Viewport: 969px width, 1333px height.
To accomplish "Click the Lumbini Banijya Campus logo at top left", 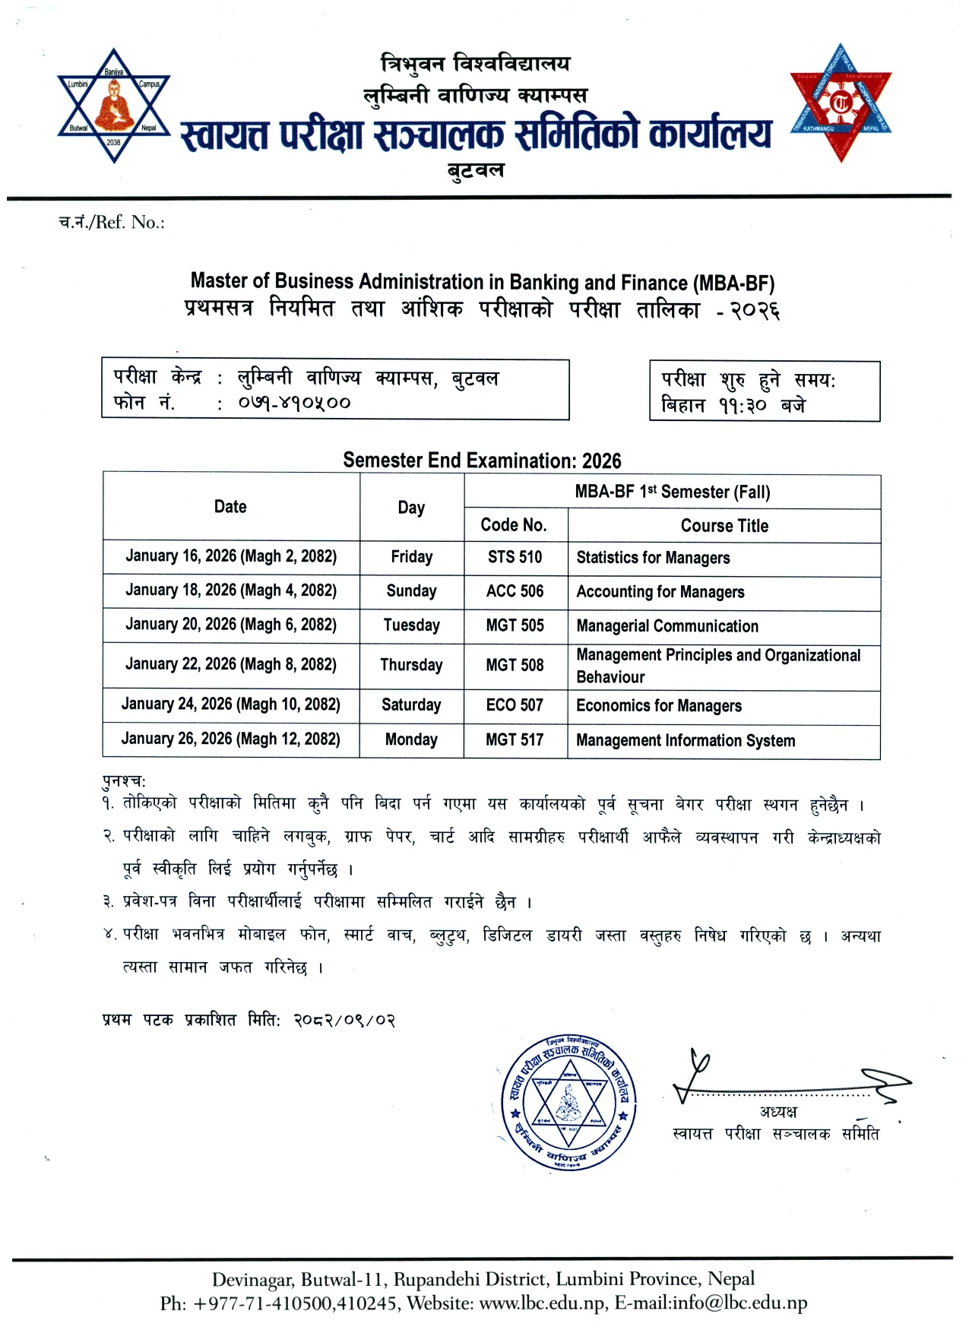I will tap(114, 106).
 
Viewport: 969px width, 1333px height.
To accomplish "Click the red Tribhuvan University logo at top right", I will tap(840, 103).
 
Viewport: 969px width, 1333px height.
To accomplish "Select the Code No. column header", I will tap(514, 525).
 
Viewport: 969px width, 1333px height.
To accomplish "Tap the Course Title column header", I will tap(724, 526).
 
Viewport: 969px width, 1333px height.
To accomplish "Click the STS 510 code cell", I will tap(515, 557).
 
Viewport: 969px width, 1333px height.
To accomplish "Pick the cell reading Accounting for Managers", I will tap(660, 592).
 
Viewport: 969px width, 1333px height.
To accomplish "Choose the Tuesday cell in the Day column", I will tap(411, 625).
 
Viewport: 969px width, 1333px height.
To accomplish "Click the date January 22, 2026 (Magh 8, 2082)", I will tap(230, 664).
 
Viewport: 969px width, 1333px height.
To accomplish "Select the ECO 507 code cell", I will tap(515, 705).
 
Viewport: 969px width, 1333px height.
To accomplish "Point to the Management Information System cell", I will tap(686, 740).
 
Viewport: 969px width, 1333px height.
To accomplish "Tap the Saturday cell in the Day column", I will tap(411, 705).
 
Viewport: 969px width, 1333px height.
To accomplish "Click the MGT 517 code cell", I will tap(515, 739).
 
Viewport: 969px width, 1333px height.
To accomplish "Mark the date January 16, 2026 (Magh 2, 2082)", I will tap(230, 556).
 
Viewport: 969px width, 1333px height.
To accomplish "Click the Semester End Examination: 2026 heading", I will tap(482, 461).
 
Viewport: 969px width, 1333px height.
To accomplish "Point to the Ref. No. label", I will tap(112, 223).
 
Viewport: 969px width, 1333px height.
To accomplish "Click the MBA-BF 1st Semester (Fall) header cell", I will tap(672, 492).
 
